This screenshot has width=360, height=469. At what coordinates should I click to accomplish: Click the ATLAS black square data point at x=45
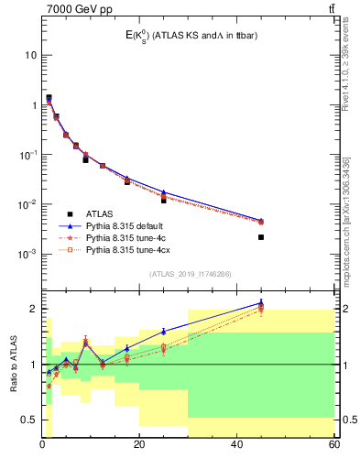tap(261, 237)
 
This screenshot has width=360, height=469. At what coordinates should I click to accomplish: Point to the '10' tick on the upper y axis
tap(30, 55)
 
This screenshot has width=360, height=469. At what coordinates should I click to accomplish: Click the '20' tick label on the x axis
tap(139, 445)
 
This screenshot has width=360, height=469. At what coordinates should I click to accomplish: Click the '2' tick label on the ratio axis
tap(33, 309)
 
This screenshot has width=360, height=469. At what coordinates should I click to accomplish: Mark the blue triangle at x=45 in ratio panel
tap(261, 302)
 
